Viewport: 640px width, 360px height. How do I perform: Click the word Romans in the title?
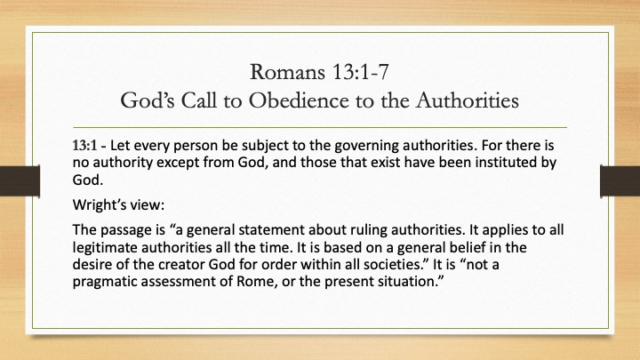(x=287, y=72)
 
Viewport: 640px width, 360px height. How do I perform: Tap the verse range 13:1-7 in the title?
(x=360, y=72)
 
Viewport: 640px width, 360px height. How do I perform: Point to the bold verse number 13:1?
(x=85, y=145)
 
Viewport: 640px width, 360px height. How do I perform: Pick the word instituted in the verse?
(x=505, y=163)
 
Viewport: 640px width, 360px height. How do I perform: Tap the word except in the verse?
(x=178, y=163)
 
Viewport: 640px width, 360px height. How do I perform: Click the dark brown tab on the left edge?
(x=20, y=180)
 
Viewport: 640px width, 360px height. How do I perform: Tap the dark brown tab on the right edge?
(x=620, y=180)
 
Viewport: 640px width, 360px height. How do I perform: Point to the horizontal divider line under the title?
(x=320, y=128)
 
